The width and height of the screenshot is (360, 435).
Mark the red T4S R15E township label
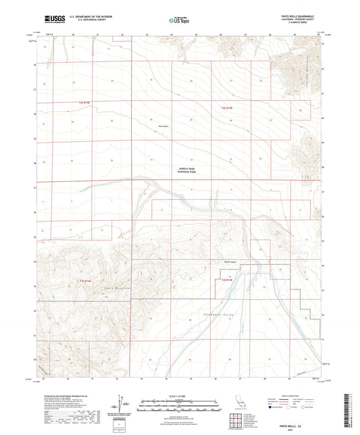226,278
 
